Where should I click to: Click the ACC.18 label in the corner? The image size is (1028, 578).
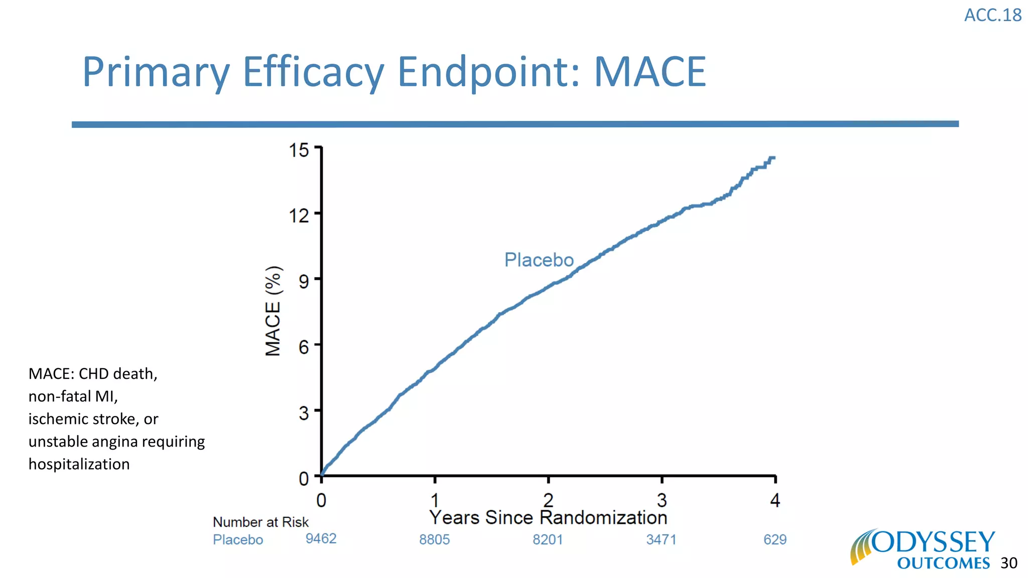pyautogui.click(x=992, y=16)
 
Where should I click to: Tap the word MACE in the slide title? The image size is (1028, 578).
pyautogui.click(x=650, y=72)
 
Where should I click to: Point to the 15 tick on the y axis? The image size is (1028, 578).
pyautogui.click(x=299, y=150)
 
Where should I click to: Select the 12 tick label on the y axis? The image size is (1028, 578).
pyautogui.click(x=299, y=216)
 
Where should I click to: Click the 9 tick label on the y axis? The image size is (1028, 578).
pyautogui.click(x=304, y=281)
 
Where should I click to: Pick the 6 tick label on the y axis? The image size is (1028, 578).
pyautogui.click(x=304, y=347)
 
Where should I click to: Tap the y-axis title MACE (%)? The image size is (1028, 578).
pyautogui.click(x=274, y=311)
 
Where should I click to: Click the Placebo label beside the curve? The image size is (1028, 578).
pyautogui.click(x=539, y=260)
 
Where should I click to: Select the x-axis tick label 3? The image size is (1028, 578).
pyautogui.click(x=662, y=500)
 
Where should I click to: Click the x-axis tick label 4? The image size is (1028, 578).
pyautogui.click(x=775, y=500)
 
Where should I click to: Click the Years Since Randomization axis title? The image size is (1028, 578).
pyautogui.click(x=548, y=518)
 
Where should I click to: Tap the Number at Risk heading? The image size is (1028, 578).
pyautogui.click(x=261, y=522)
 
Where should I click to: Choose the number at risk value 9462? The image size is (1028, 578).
pyautogui.click(x=321, y=539)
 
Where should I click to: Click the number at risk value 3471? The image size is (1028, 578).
pyautogui.click(x=661, y=540)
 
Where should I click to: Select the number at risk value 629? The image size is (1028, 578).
pyautogui.click(x=775, y=540)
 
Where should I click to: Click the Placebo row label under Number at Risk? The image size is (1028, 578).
pyautogui.click(x=238, y=540)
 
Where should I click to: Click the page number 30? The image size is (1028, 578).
pyautogui.click(x=1008, y=563)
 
